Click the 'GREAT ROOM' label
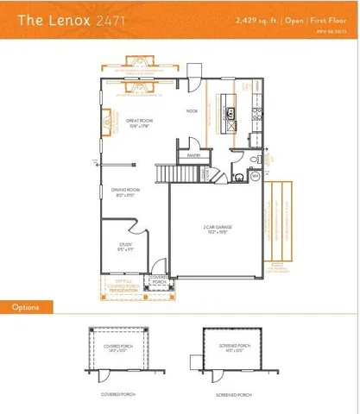tap(139, 121)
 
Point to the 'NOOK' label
tap(193, 111)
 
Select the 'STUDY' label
tap(125, 246)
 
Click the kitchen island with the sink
tap(231, 112)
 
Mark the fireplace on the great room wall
tap(107, 122)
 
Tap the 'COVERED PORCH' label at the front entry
tap(159, 280)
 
